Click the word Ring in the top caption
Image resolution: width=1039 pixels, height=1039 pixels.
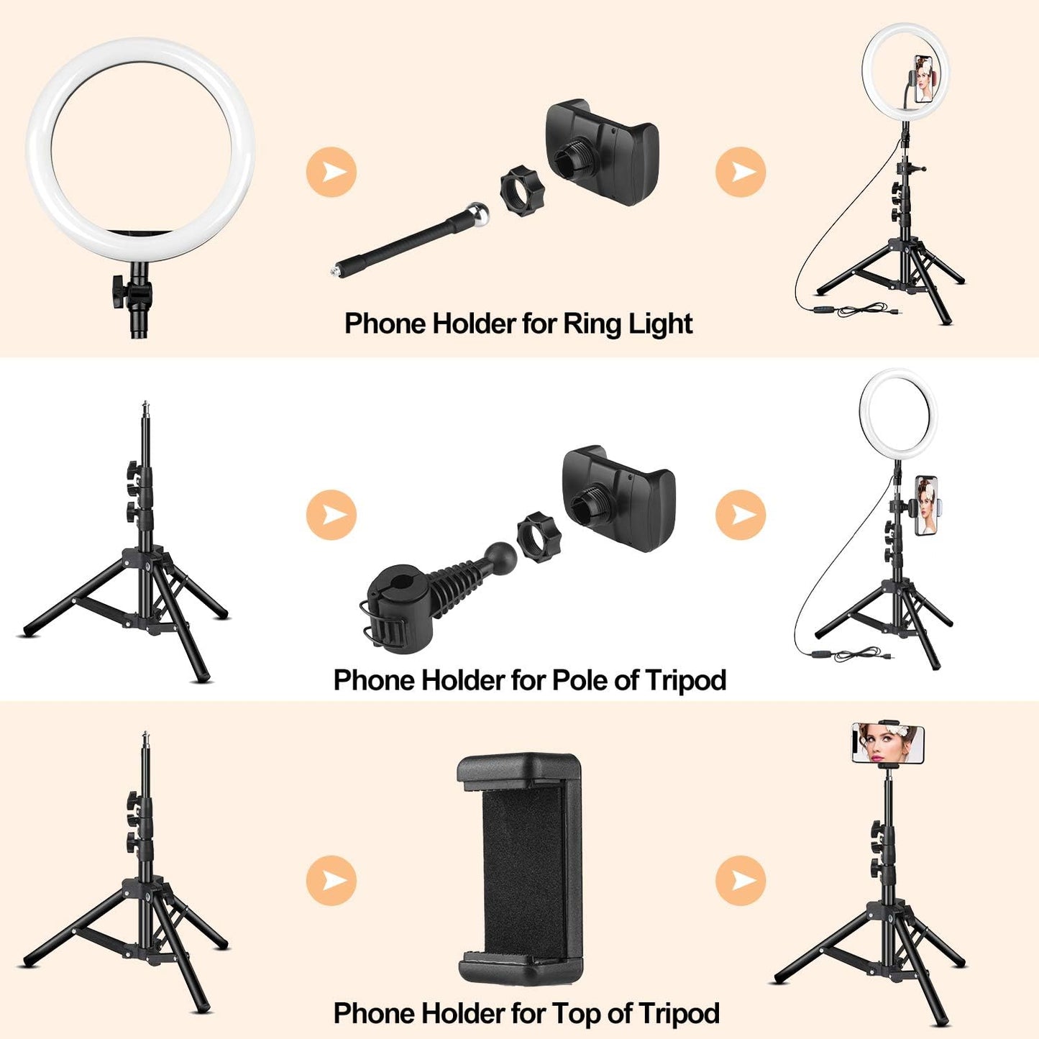592,324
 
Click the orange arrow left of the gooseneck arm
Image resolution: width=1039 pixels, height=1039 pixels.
331,173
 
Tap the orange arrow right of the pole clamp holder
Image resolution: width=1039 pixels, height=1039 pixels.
740,515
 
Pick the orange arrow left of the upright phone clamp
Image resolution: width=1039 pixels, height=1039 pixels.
331,880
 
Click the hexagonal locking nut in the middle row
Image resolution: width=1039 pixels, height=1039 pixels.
539,537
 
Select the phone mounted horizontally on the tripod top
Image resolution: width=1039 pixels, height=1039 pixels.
888,743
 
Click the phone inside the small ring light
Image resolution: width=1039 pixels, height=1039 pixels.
925,78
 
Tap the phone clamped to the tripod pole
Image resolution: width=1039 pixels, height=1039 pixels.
926,505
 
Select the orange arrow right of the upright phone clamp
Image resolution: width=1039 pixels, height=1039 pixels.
740,880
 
